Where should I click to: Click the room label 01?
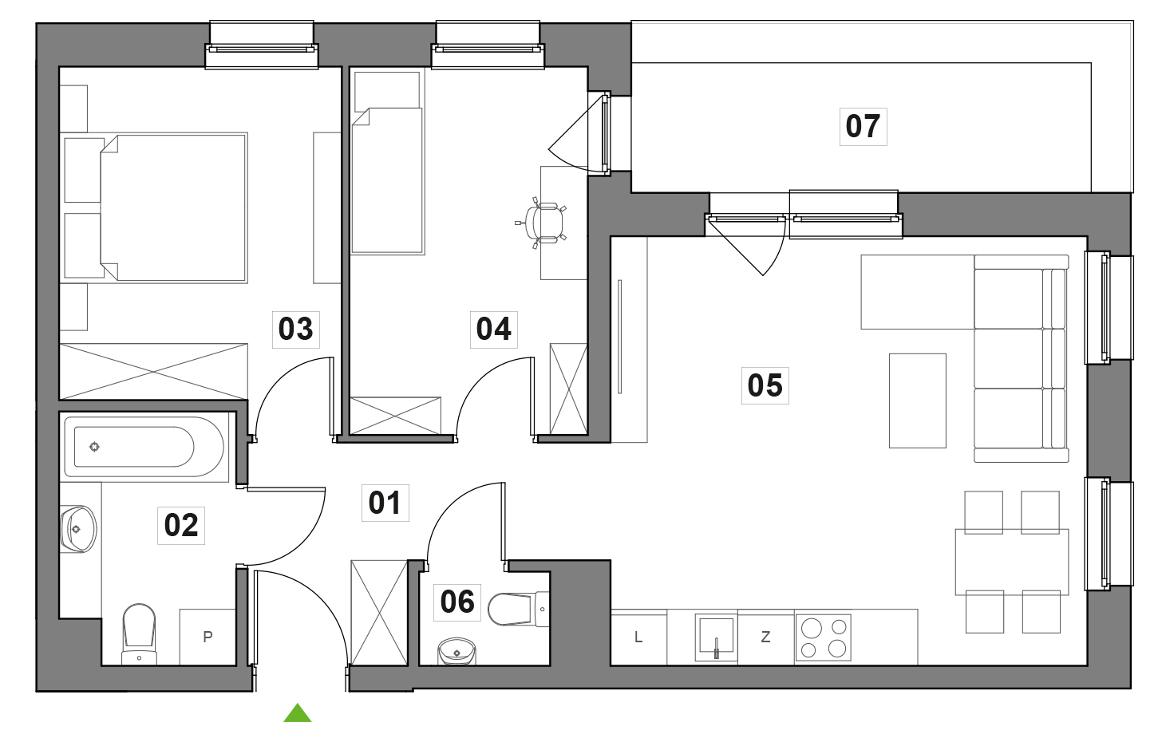tap(385, 503)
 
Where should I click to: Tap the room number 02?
tap(181, 526)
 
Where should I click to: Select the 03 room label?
tap(295, 330)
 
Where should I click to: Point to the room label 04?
tap(493, 330)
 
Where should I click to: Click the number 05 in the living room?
tap(765, 386)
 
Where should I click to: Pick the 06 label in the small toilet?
tap(457, 602)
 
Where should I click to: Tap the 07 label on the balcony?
tap(863, 127)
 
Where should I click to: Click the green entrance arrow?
tap(298, 713)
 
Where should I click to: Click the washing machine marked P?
tap(207, 637)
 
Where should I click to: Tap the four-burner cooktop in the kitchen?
tap(824, 637)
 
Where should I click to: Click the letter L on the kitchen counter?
tap(638, 637)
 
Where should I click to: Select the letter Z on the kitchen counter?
tap(766, 637)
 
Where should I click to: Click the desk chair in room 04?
tap(545, 223)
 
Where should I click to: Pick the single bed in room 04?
tap(387, 181)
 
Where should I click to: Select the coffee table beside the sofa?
tap(918, 401)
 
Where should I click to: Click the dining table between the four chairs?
tap(1011, 562)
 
